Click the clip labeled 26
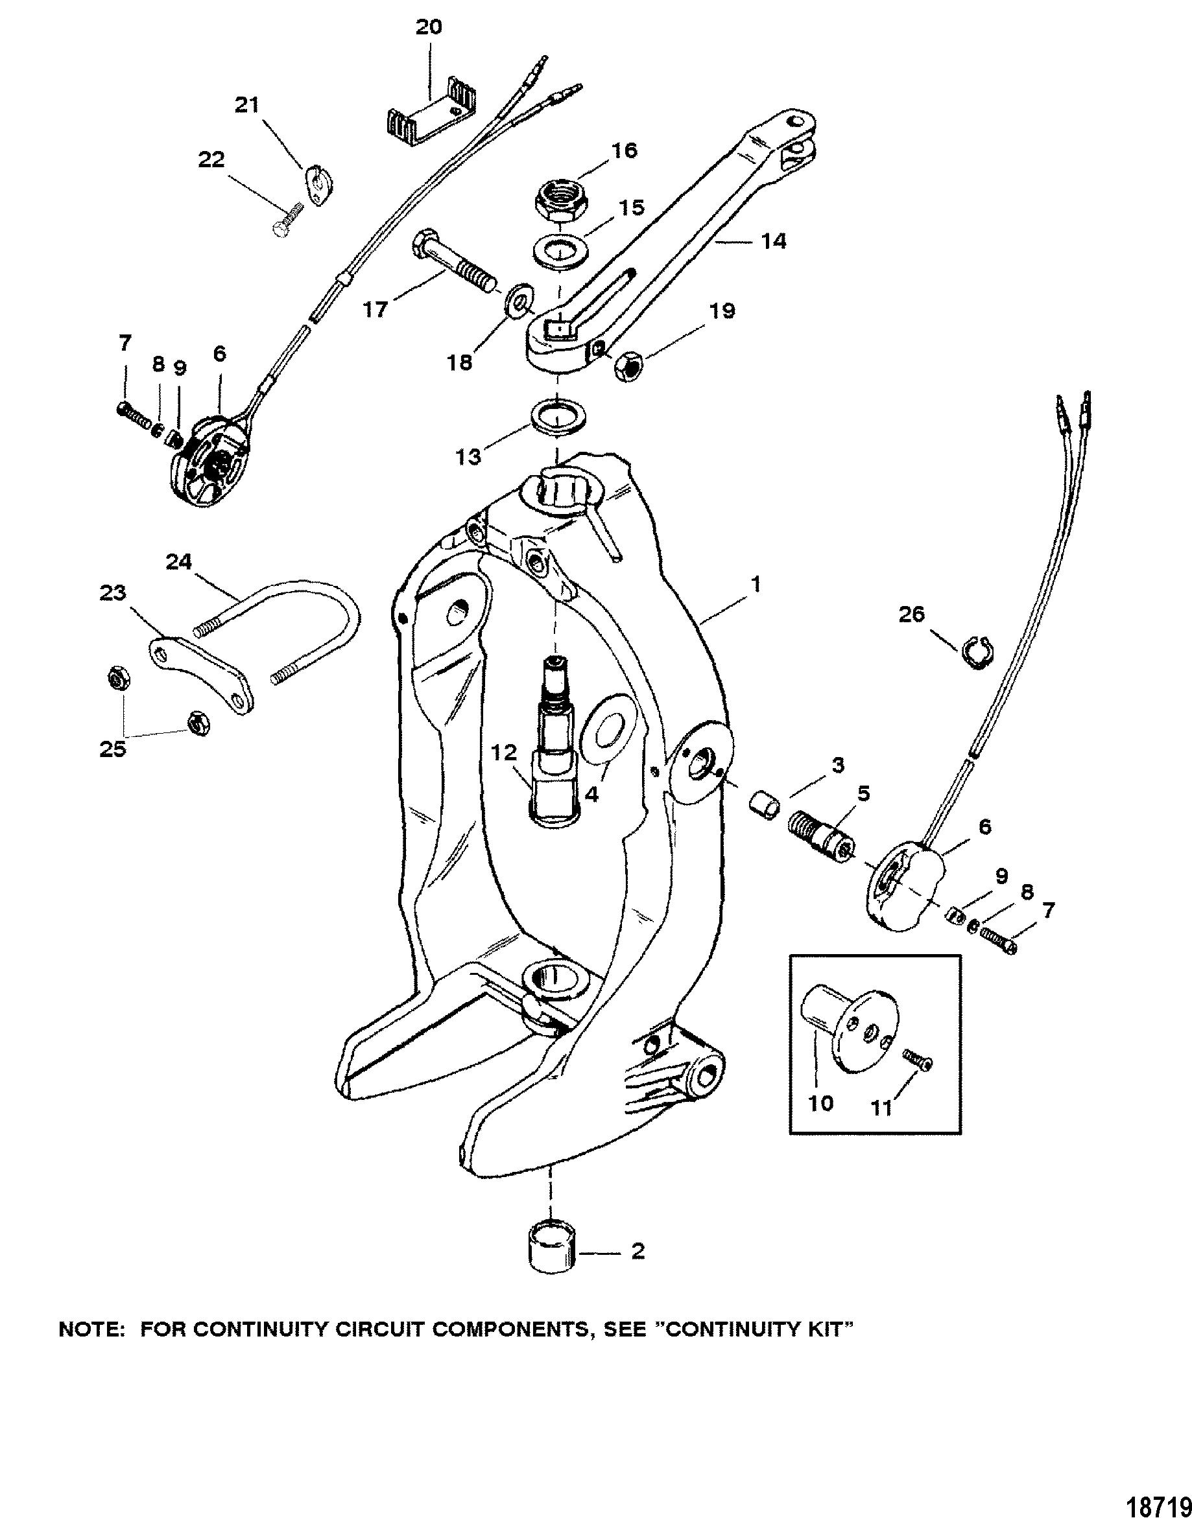point(975,651)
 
